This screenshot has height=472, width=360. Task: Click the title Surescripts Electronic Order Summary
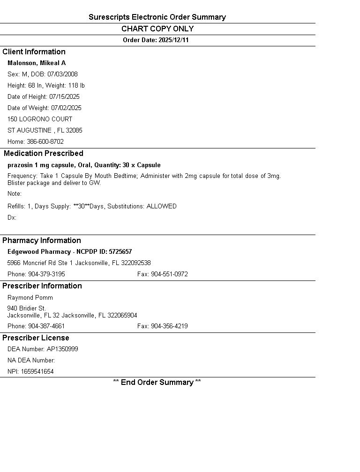coord(157,17)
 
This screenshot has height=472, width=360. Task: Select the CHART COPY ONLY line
coord(157,29)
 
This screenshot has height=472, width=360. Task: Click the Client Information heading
coord(34,52)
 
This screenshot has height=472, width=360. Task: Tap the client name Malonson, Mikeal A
coord(37,63)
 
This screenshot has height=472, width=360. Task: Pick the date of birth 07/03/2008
coord(62,74)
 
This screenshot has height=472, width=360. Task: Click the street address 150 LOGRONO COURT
coord(40,119)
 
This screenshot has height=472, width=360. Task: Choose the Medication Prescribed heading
coord(44,154)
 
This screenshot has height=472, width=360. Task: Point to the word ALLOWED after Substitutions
coord(161,206)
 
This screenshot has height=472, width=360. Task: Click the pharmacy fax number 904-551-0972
coord(169,274)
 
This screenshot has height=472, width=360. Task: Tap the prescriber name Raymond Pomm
coord(30,298)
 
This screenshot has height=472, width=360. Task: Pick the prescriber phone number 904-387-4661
coord(46,326)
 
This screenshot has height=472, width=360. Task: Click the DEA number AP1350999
coord(62,349)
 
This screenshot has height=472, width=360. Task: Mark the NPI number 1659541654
coord(37,372)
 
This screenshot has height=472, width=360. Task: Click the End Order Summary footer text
coord(157,383)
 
